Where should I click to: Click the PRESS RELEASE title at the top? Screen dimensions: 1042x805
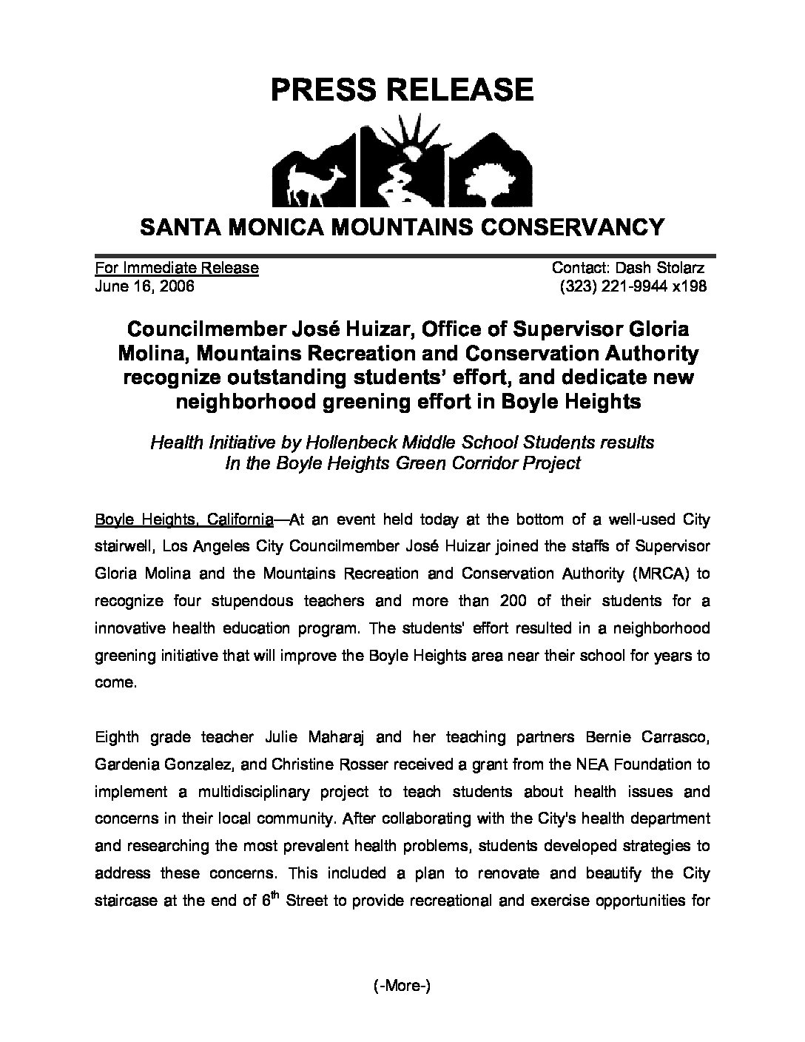point(402,90)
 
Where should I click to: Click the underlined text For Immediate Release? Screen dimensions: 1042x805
point(177,268)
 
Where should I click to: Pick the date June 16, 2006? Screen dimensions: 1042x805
point(145,286)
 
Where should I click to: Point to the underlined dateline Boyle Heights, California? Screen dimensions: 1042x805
point(184,520)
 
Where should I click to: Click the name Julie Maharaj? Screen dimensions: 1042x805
point(320,737)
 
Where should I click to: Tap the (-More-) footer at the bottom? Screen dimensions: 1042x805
point(402,986)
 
